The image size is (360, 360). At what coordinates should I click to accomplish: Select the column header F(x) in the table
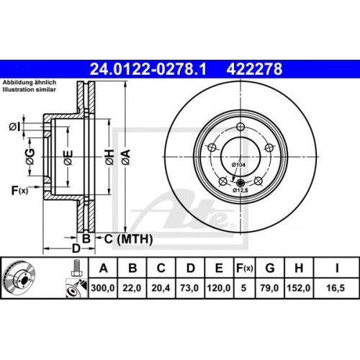244,269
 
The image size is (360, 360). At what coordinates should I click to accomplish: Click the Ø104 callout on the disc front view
239,165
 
